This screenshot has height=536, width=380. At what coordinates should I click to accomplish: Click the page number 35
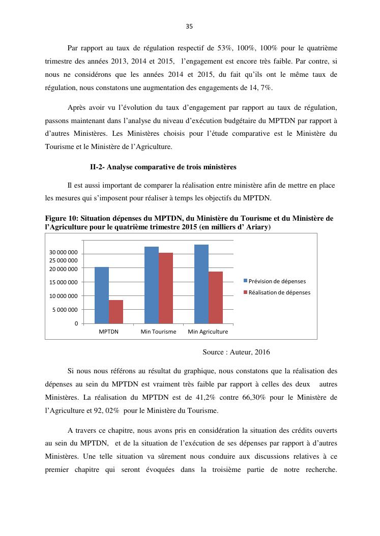pyautogui.click(x=189, y=26)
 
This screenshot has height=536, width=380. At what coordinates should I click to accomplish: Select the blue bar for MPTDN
pyautogui.click(x=102, y=295)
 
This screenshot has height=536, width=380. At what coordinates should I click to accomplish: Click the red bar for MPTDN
pyautogui.click(x=116, y=312)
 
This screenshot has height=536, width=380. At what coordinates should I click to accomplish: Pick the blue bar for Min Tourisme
pyautogui.click(x=152, y=285)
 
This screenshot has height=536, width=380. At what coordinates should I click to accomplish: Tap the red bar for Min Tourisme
pyautogui.click(x=166, y=288)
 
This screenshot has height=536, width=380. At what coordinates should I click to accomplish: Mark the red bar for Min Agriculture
pyautogui.click(x=216, y=297)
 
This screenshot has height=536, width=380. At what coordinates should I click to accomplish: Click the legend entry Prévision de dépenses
pyautogui.click(x=277, y=281)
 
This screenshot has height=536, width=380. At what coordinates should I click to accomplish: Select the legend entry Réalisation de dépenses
pyautogui.click(x=279, y=292)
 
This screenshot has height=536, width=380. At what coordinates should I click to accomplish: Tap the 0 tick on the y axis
pyautogui.click(x=76, y=323)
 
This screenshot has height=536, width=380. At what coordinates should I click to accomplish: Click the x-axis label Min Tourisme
pyautogui.click(x=158, y=332)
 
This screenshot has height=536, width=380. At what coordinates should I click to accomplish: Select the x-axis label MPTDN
pyautogui.click(x=108, y=332)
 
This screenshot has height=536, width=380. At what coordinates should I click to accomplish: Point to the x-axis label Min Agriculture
pyautogui.click(x=208, y=332)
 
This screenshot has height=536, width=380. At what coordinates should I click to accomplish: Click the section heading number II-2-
pyautogui.click(x=97, y=167)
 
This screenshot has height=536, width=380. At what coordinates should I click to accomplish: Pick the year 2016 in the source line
pyautogui.click(x=262, y=352)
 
